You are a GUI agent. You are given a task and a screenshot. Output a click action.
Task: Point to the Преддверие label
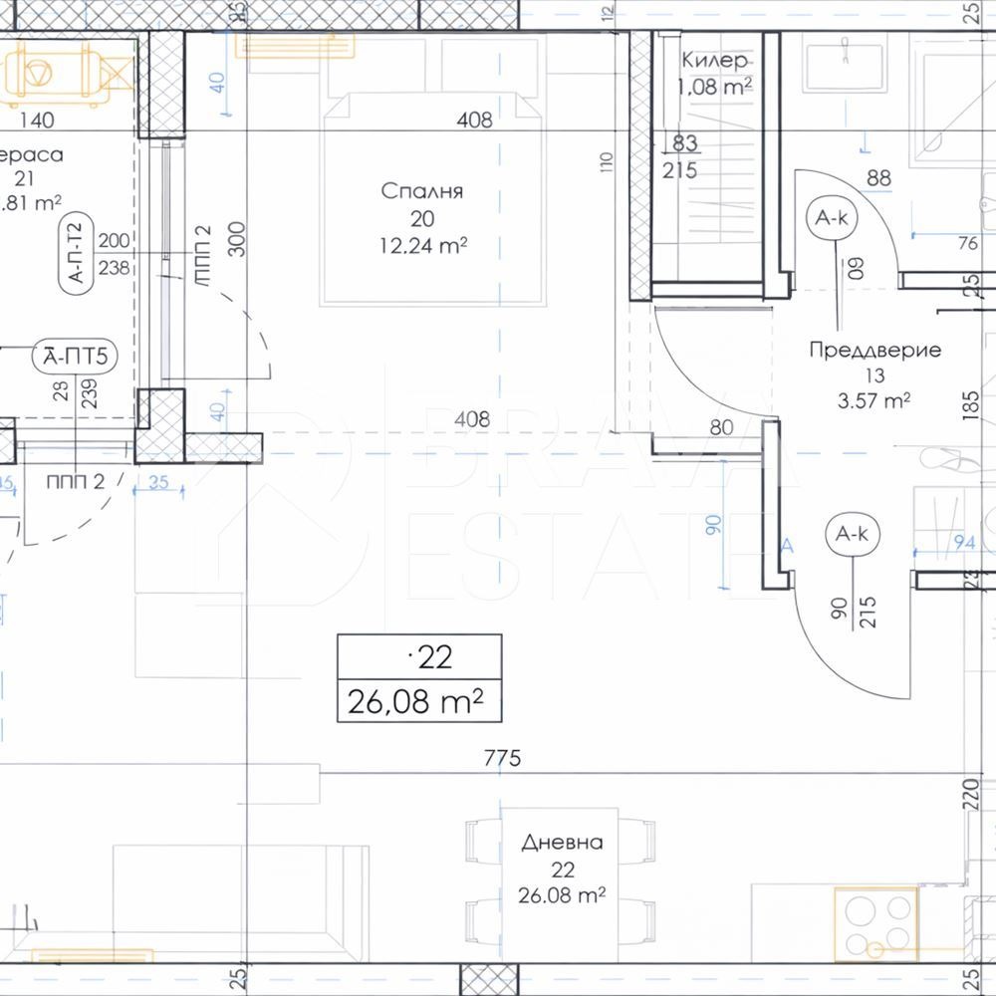click(874, 350)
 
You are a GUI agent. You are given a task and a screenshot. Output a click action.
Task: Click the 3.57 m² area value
click(874, 401)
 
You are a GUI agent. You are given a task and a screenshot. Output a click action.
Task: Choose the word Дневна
click(563, 843)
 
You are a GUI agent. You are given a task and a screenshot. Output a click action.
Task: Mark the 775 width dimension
click(503, 759)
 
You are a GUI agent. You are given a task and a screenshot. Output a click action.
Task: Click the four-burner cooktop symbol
click(874, 923)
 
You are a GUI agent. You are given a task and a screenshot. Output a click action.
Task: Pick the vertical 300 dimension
click(237, 240)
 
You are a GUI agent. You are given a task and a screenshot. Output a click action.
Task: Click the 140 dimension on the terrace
click(36, 121)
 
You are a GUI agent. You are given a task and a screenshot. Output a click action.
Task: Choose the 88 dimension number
click(878, 179)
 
